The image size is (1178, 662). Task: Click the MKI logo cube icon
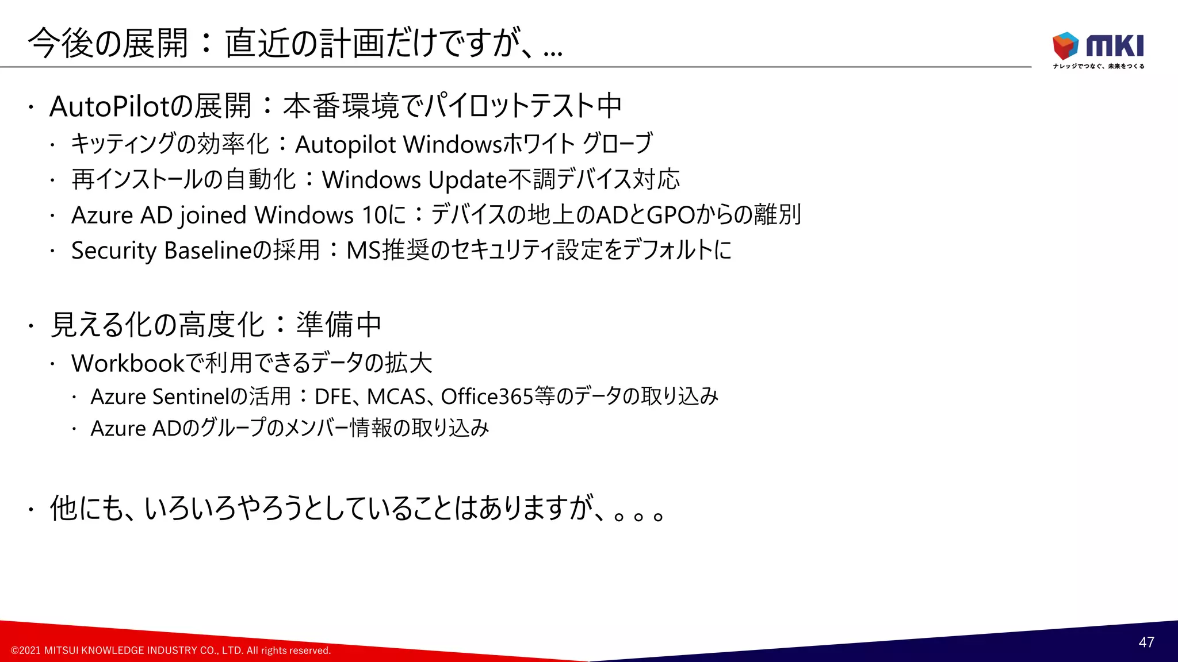pyautogui.click(x=1065, y=45)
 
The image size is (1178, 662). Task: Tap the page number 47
pyautogui.click(x=1146, y=642)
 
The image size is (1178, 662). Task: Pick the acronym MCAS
pyautogui.click(x=396, y=397)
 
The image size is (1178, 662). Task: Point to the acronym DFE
pyautogui.click(x=333, y=397)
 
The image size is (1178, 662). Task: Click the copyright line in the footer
pyautogui.click(x=171, y=651)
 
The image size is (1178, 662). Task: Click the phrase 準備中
pyautogui.click(x=339, y=325)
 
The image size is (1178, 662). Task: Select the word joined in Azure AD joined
pyautogui.click(x=213, y=215)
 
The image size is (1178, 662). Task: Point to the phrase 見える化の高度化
pyautogui.click(x=157, y=325)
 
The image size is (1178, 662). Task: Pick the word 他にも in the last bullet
pyautogui.click(x=87, y=509)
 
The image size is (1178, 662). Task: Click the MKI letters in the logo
pyautogui.click(x=1115, y=46)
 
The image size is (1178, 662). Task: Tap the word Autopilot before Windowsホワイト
pyautogui.click(x=345, y=145)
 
